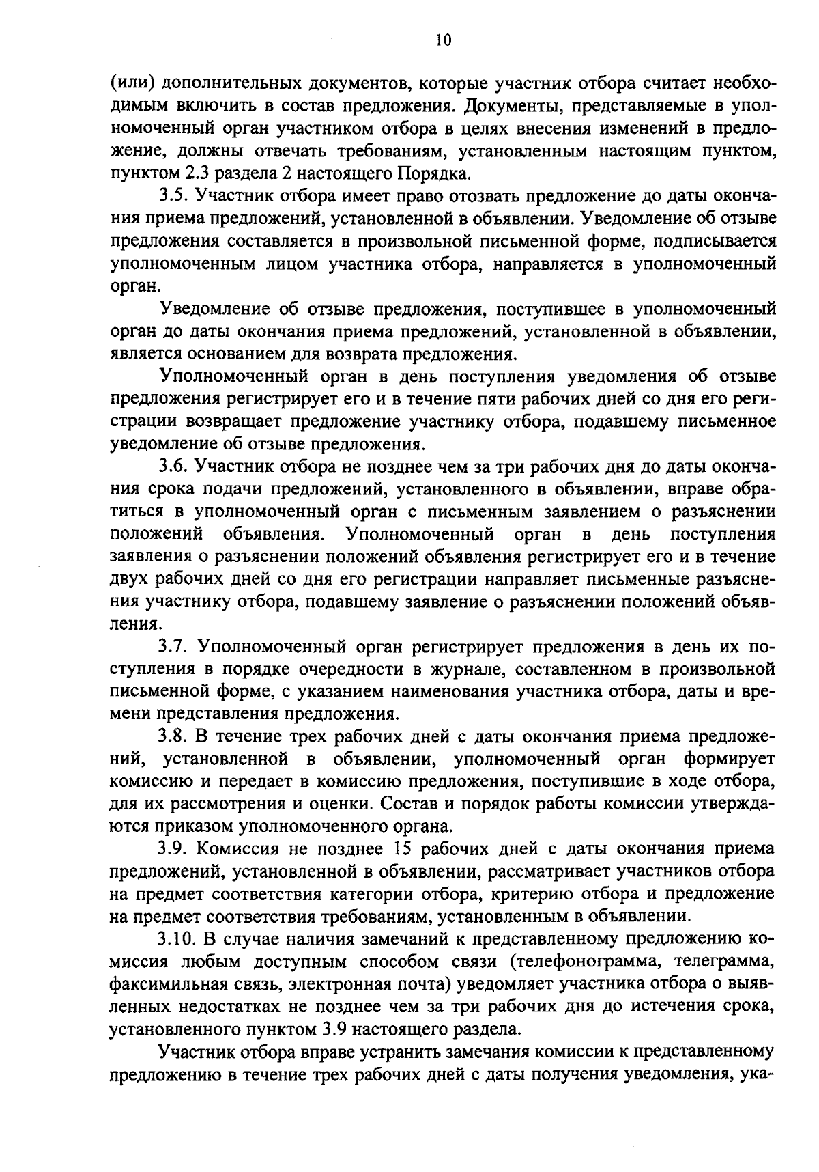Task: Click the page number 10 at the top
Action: click(x=443, y=41)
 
